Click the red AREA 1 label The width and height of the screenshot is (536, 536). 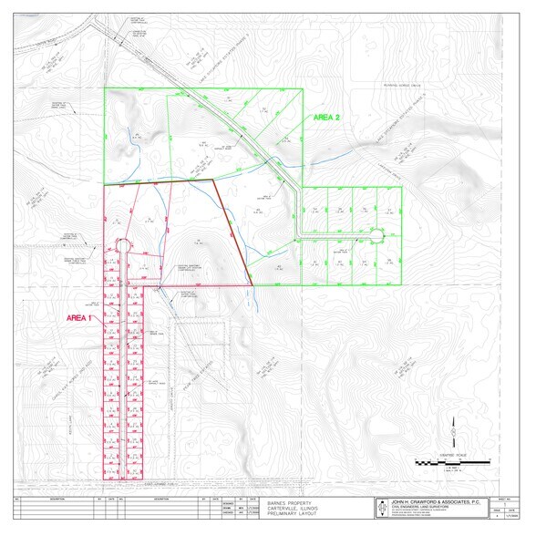(x=80, y=318)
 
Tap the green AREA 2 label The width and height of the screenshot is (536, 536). (x=327, y=118)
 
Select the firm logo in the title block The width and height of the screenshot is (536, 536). (x=384, y=508)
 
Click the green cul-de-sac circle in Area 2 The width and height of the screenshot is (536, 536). (x=376, y=235)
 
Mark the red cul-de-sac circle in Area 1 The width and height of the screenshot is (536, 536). (x=125, y=243)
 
